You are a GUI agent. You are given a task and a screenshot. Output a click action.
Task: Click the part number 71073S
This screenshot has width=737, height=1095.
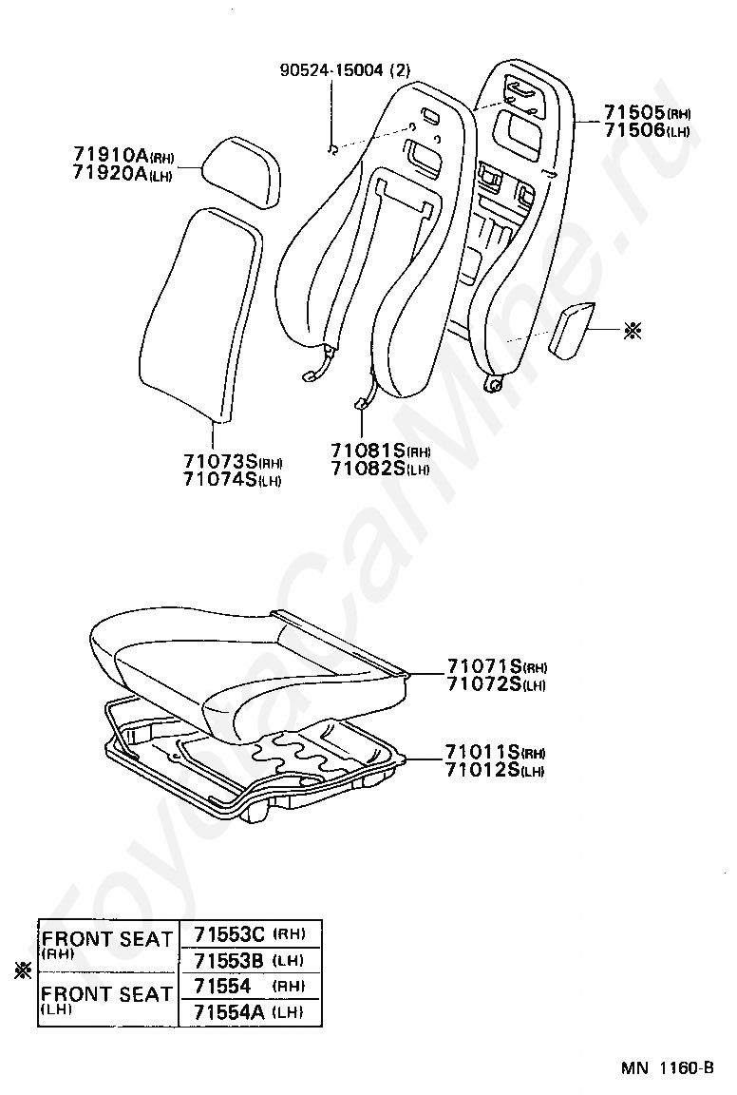(x=220, y=462)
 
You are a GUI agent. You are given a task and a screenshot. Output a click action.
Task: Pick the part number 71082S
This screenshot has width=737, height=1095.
(x=368, y=468)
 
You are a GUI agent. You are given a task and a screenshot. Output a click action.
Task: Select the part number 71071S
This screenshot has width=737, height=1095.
(x=483, y=666)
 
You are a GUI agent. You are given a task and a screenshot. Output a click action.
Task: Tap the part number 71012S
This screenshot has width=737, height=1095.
(x=483, y=769)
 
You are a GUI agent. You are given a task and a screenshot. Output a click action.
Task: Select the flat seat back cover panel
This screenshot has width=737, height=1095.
(x=198, y=314)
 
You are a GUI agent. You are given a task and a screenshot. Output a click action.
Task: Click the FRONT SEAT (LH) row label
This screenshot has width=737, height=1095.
(x=106, y=999)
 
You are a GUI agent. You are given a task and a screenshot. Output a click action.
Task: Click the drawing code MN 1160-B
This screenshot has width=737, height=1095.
(x=668, y=1067)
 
